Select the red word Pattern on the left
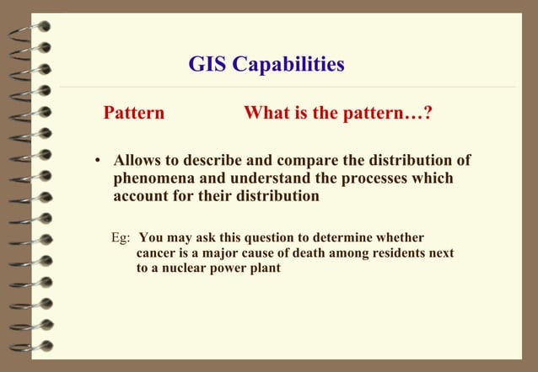(133, 113)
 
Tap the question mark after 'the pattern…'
(429, 113)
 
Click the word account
(142, 197)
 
